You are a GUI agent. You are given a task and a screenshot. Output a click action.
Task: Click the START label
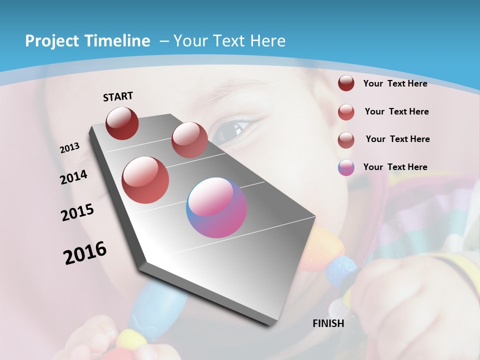tap(118, 96)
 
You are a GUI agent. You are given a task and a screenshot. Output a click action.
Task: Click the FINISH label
tap(328, 323)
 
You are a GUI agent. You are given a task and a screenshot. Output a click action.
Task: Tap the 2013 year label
tap(69, 148)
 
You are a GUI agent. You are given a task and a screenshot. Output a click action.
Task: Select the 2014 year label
tap(73, 177)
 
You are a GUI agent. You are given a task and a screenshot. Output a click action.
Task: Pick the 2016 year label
tap(85, 253)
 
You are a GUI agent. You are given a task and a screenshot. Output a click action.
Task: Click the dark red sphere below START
tap(122, 123)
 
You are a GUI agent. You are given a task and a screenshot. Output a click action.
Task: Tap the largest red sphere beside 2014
tap(145, 179)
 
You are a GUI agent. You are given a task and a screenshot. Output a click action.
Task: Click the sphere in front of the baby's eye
tap(189, 140)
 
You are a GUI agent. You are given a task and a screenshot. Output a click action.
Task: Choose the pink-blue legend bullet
tap(346, 167)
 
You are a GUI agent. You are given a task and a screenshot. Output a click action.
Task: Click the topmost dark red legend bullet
tap(346, 83)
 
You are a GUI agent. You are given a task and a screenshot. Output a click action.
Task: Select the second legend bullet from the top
tap(346, 112)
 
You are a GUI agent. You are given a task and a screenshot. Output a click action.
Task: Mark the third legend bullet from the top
tap(346, 139)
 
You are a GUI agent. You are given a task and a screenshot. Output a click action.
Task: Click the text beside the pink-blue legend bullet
tap(395, 167)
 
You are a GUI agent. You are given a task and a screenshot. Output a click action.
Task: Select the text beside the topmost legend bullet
tap(395, 83)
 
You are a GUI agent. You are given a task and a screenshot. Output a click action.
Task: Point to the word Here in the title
tap(267, 41)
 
